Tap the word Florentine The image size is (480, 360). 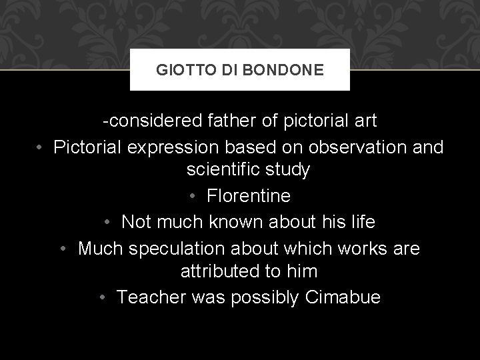point(249,197)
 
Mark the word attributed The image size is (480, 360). point(223,272)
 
